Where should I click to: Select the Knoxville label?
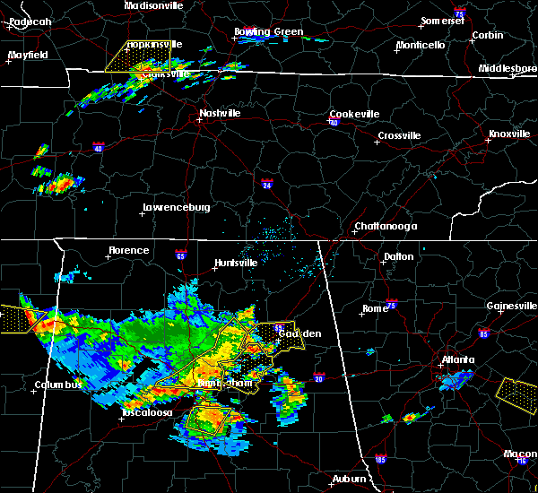point(508,134)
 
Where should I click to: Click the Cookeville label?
point(354,114)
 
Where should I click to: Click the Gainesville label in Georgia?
point(514,306)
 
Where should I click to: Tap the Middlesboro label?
point(508,68)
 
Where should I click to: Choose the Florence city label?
point(129,250)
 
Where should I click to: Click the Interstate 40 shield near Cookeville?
point(332,122)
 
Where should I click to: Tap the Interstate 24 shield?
point(268,186)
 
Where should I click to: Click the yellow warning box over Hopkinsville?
point(137,56)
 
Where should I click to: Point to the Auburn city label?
point(349,480)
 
